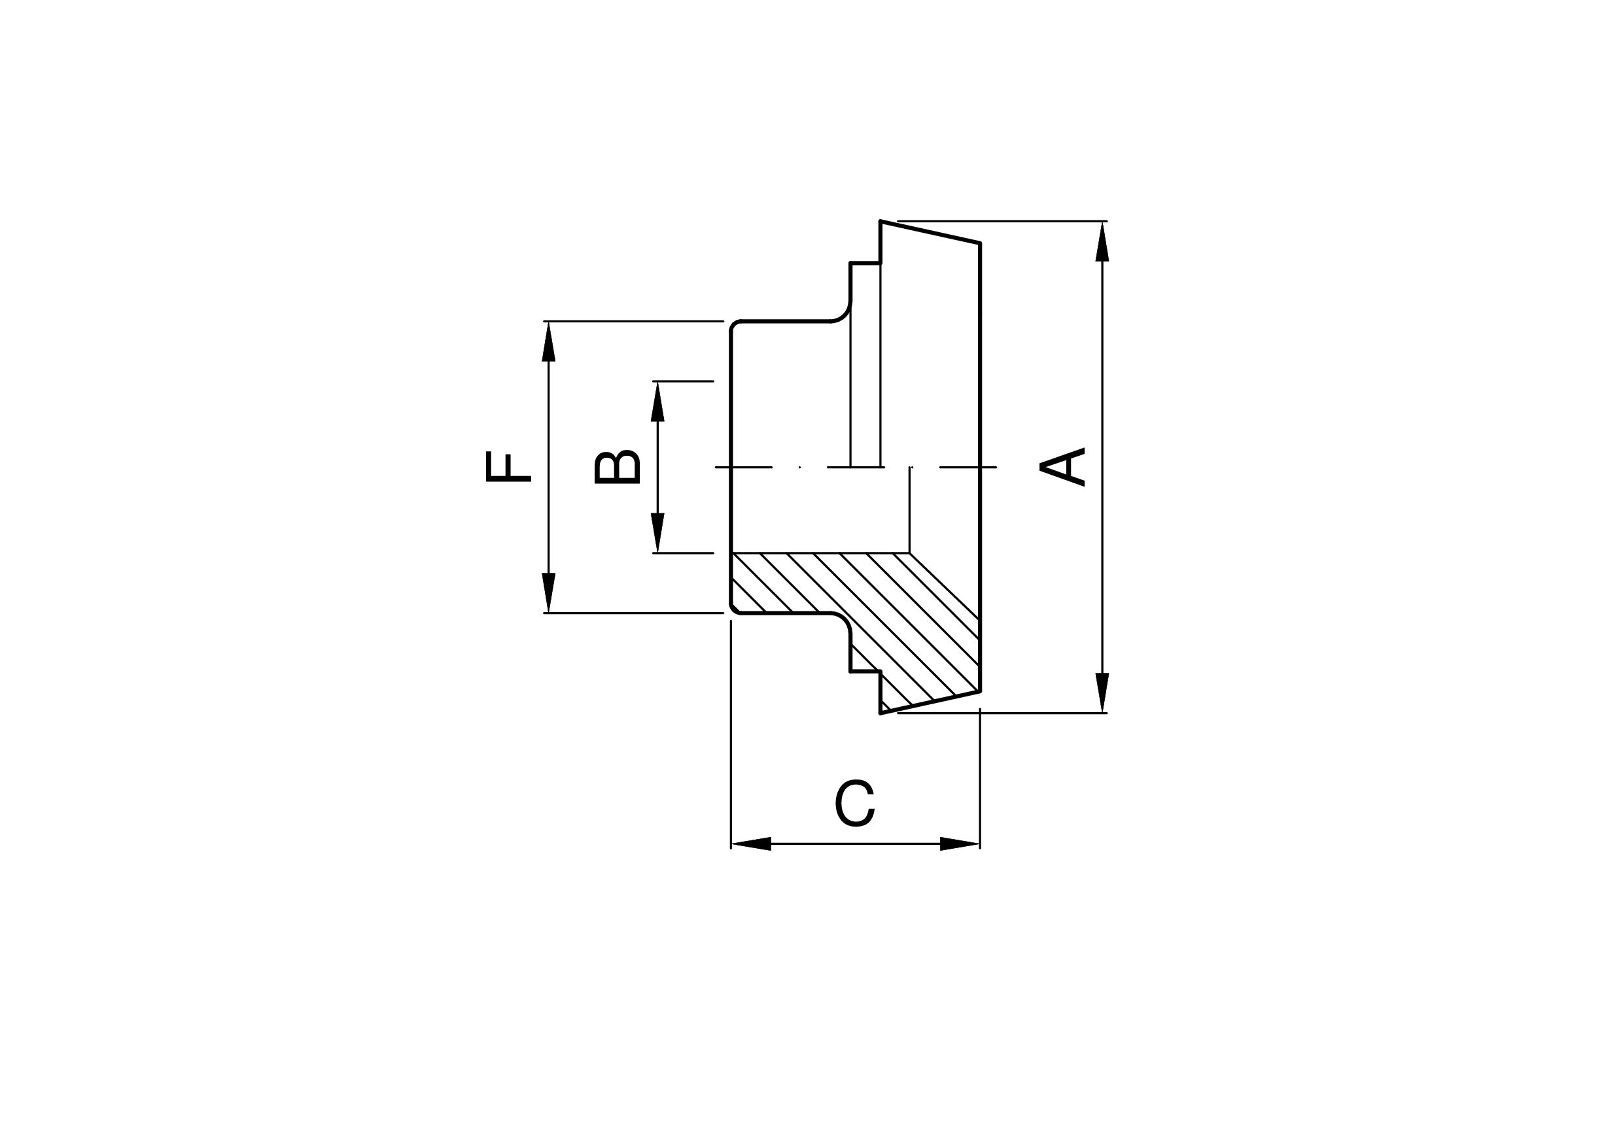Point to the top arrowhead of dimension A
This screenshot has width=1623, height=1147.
[x=1102, y=242]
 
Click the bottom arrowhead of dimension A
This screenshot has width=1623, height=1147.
[x=1102, y=693]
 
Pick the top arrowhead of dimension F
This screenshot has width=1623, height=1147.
[x=549, y=341]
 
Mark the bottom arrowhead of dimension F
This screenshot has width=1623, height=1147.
[x=549, y=592]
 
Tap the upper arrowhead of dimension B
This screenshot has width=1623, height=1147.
[x=657, y=402]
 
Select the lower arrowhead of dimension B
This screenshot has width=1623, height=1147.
[x=657, y=532]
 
